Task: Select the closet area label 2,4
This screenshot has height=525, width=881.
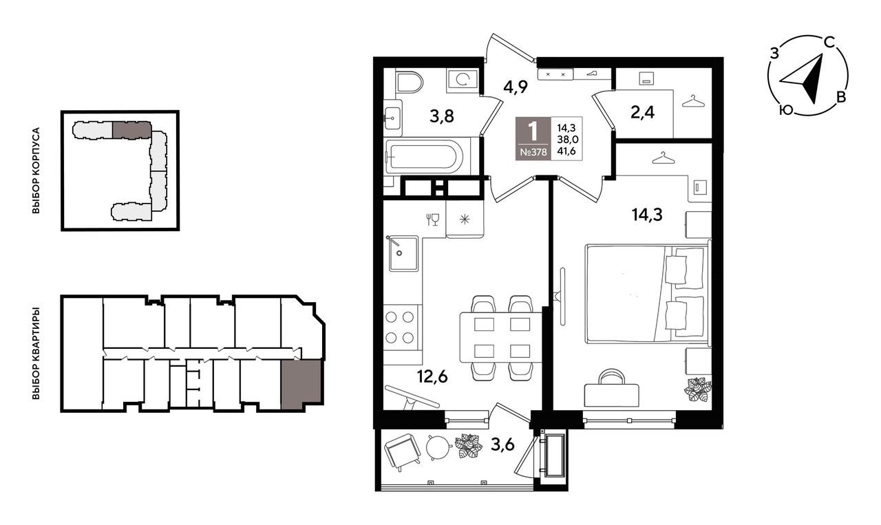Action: coord(643,113)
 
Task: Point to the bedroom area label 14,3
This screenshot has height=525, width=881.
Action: coord(647,215)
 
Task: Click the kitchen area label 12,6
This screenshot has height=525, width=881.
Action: coord(433,377)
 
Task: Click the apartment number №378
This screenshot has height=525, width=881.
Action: coord(533,152)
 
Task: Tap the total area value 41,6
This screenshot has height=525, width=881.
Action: coord(566,150)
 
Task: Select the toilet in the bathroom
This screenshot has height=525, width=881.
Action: coord(410,83)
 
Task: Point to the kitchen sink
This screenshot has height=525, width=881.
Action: coord(403,254)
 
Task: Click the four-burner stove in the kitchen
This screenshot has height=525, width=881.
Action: coord(400,328)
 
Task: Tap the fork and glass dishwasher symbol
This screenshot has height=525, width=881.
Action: coord(433,219)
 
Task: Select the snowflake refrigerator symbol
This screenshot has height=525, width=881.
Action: coord(465,219)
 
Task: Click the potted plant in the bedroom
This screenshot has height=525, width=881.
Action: coord(697,389)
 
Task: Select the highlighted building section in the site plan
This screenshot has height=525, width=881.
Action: coord(131,130)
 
